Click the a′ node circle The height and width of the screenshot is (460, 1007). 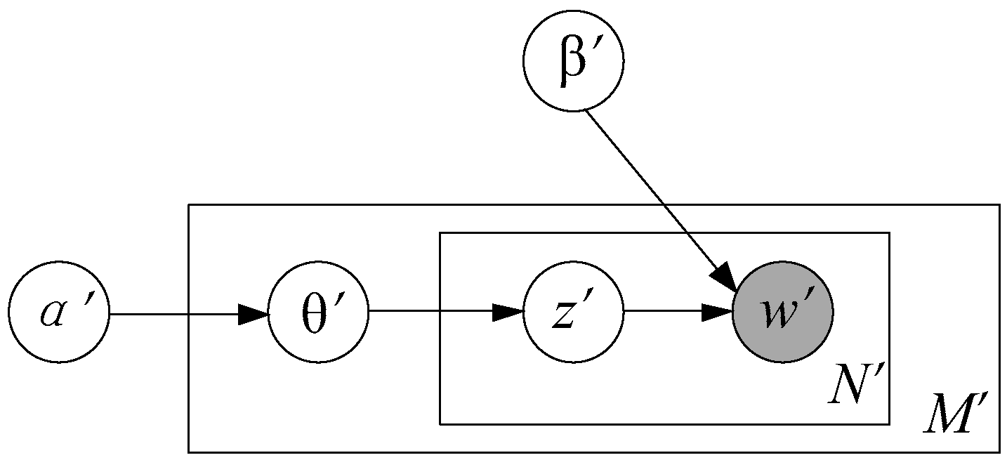pos(59,313)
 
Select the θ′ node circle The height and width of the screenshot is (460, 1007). pos(319,313)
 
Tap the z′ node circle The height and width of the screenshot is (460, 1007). pos(574,313)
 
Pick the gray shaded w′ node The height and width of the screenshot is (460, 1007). pos(782,313)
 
